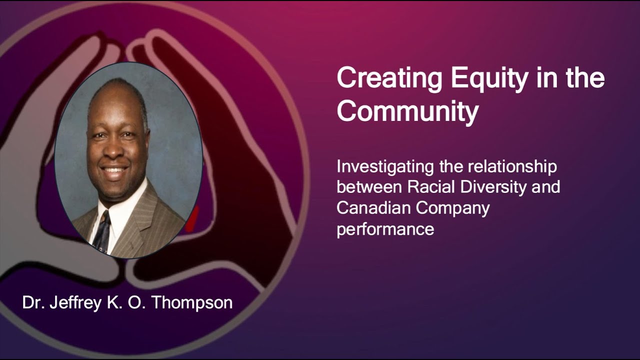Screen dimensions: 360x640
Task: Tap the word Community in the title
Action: coord(407,112)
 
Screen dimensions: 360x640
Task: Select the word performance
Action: coord(385,229)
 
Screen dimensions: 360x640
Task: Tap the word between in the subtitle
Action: coord(369,187)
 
